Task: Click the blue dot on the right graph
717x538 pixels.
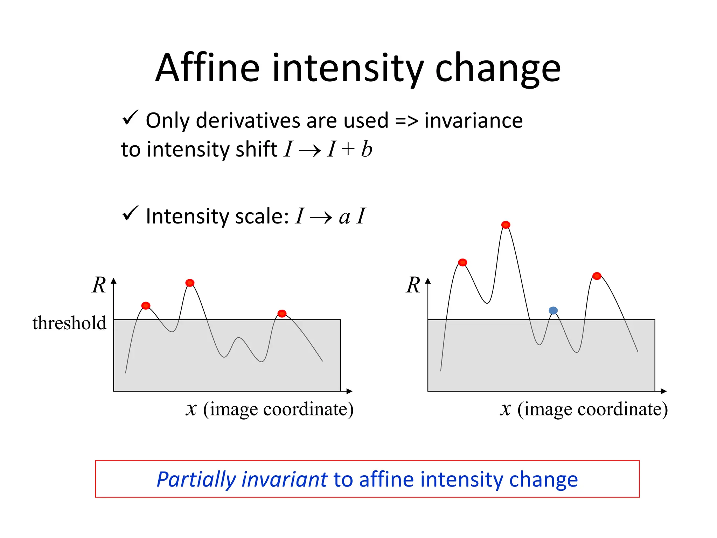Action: coord(553,310)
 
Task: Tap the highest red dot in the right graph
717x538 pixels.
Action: coord(506,225)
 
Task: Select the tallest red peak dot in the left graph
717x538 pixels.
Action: coord(190,283)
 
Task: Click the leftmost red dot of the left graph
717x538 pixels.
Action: coord(146,306)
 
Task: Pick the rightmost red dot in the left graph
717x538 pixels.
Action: coord(282,313)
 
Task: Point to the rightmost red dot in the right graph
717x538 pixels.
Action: coord(597,276)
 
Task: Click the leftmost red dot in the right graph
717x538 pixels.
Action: coord(462,262)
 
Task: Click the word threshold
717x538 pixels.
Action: coord(69,323)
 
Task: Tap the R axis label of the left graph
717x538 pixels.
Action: coord(99,285)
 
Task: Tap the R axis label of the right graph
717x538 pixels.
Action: coord(413,285)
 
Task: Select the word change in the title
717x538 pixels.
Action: coord(497,69)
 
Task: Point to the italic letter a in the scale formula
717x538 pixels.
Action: coord(344,217)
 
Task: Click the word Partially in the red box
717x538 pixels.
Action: coord(196,480)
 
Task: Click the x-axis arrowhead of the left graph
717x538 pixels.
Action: coord(349,391)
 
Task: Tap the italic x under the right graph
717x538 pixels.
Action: coord(505,409)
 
